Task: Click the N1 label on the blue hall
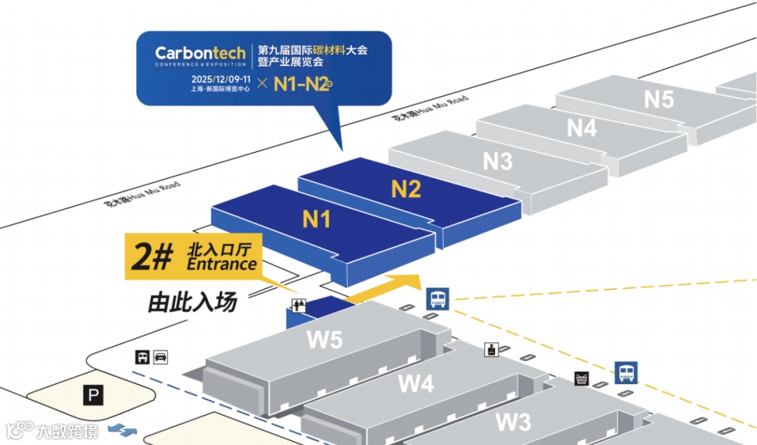[316, 219]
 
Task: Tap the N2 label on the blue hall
[405, 189]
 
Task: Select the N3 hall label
[498, 161]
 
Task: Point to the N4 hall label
[582, 128]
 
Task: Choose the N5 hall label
[659, 100]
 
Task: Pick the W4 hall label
[416, 383]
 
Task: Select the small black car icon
[161, 357]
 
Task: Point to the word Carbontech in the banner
[200, 53]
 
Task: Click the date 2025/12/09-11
[219, 78]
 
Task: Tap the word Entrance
[221, 265]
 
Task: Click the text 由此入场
[192, 303]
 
